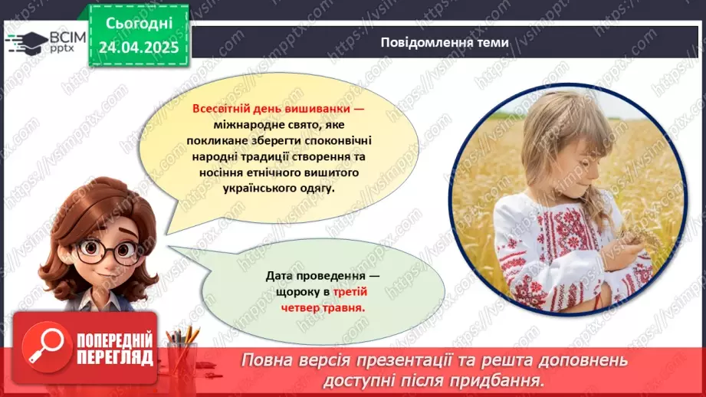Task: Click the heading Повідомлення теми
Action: pyautogui.click(x=444, y=43)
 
